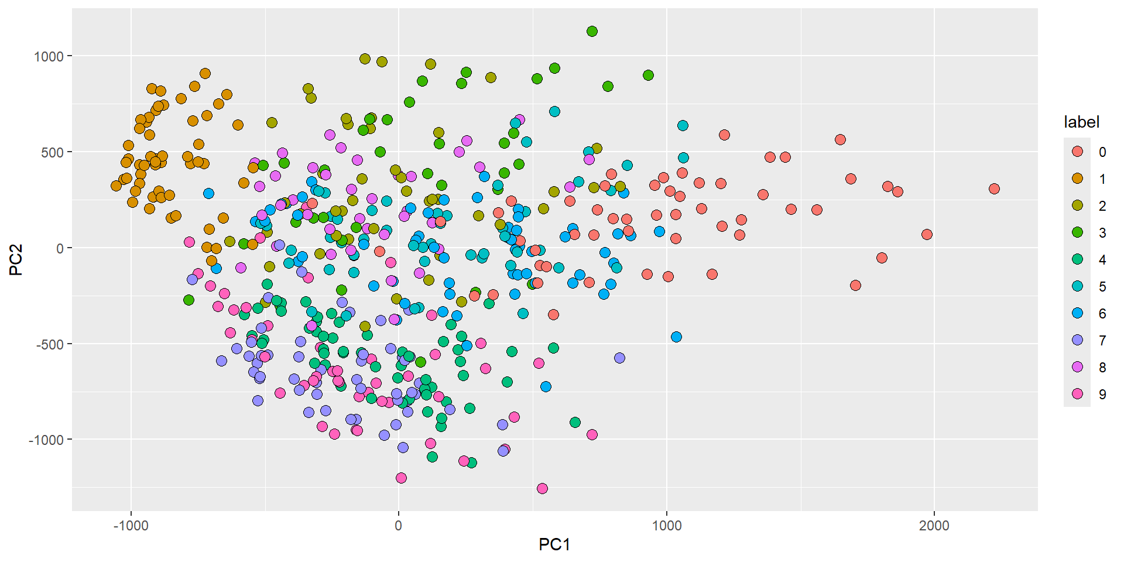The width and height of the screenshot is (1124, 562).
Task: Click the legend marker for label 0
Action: click(x=1077, y=152)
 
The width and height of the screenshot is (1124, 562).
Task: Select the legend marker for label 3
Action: click(x=1077, y=232)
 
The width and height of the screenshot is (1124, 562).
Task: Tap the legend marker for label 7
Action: click(x=1077, y=340)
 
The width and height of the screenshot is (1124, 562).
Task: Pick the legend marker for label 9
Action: click(x=1077, y=394)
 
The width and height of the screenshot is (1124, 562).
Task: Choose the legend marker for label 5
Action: click(x=1077, y=286)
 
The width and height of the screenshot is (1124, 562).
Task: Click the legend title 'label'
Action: click(x=1081, y=122)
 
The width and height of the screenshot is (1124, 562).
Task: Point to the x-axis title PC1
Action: click(x=554, y=544)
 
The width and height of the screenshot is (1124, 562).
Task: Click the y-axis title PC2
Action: click(x=16, y=259)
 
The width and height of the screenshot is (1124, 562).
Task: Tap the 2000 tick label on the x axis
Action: click(x=934, y=525)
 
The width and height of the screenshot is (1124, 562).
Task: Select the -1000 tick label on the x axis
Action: click(x=131, y=525)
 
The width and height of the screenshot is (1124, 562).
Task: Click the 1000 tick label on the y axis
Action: click(x=48, y=56)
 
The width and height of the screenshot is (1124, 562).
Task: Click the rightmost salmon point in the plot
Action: click(x=994, y=189)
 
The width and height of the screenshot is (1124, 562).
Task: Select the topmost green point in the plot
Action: click(x=592, y=31)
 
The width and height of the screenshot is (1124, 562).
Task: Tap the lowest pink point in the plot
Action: click(x=542, y=488)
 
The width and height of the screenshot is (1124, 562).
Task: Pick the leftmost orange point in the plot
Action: click(x=116, y=186)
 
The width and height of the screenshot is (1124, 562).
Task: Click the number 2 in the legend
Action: click(x=1102, y=206)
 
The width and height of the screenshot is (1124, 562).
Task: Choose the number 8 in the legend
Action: click(x=1102, y=368)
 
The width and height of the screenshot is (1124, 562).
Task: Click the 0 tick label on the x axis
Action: click(x=399, y=525)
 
